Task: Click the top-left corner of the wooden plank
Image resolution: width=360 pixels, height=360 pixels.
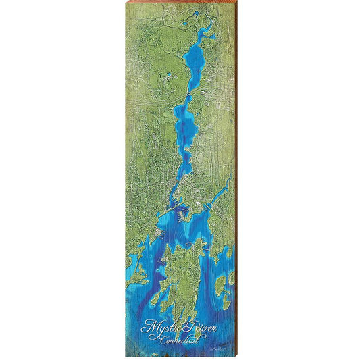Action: tap(126, 3)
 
